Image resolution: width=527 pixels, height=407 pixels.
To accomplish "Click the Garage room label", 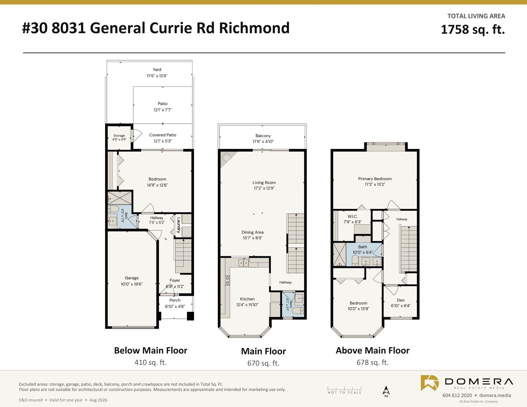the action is (x=132, y=278).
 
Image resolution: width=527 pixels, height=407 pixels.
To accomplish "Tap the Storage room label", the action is (x=119, y=136).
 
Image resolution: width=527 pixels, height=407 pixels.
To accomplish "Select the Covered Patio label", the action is (x=163, y=135).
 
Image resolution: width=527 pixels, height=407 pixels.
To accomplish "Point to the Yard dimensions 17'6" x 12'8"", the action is (x=157, y=76).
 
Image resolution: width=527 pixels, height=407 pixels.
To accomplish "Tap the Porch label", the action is (x=175, y=300).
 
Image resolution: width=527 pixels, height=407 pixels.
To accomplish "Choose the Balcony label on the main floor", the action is (x=263, y=136).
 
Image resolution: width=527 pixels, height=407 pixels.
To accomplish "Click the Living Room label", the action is (x=264, y=183).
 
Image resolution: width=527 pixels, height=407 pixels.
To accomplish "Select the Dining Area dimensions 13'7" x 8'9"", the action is (x=253, y=238).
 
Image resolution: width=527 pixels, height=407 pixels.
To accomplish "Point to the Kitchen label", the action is (x=247, y=299).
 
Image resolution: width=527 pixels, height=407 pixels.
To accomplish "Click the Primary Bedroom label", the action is (x=375, y=179).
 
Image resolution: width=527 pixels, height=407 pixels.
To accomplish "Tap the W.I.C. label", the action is (x=352, y=217).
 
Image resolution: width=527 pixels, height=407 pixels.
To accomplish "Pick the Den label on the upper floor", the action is (x=401, y=300).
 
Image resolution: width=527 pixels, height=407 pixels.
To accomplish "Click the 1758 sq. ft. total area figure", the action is (x=473, y=29).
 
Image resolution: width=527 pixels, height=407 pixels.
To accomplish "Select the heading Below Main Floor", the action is (x=151, y=350).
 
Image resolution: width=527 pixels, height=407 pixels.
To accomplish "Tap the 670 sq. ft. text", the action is (x=263, y=363).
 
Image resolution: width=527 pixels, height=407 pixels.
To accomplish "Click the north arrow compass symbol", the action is (x=386, y=391).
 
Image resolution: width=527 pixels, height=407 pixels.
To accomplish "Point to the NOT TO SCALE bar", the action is (x=345, y=390).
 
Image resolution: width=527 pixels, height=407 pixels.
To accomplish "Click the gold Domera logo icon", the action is (x=430, y=383).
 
